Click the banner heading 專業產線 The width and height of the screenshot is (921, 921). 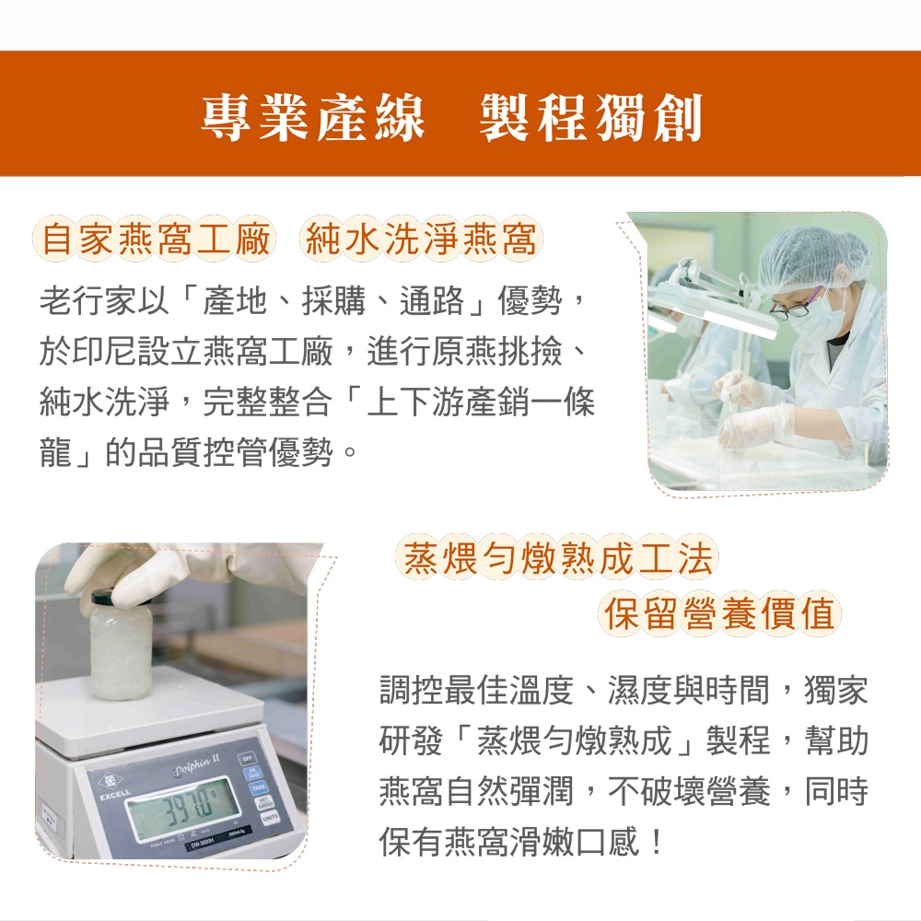click(x=313, y=118)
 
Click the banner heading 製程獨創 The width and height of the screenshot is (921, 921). click(x=591, y=118)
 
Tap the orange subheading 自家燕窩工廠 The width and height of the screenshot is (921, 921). click(x=155, y=239)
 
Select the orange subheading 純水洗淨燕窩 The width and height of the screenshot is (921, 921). click(x=421, y=239)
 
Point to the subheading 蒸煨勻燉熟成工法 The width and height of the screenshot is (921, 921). click(x=558, y=557)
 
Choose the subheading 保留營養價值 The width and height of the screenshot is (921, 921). click(x=719, y=612)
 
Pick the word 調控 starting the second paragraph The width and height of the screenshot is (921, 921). click(x=411, y=690)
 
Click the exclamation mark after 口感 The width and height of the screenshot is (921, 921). click(x=656, y=842)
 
